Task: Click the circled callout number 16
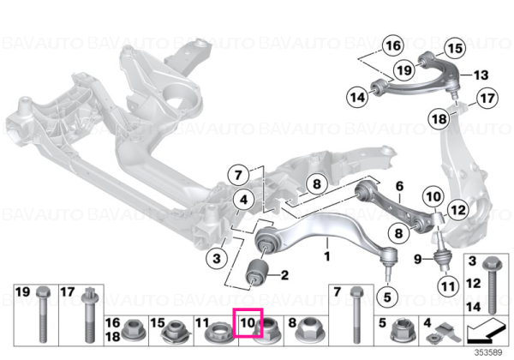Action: pyautogui.click(x=393, y=45)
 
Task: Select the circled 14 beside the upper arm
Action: pyautogui.click(x=357, y=97)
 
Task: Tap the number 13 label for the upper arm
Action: pyautogui.click(x=481, y=75)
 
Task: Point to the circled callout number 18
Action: pyautogui.click(x=439, y=118)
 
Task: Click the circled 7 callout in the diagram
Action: pyautogui.click(x=238, y=175)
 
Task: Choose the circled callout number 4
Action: pyautogui.click(x=243, y=200)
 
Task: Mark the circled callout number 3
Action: pyautogui.click(x=217, y=258)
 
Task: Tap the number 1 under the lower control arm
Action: pyautogui.click(x=327, y=255)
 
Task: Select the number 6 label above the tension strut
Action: pyautogui.click(x=399, y=186)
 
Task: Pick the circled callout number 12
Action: pyautogui.click(x=458, y=209)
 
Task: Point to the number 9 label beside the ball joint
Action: pyautogui.click(x=418, y=260)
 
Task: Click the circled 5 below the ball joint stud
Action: pyautogui.click(x=387, y=297)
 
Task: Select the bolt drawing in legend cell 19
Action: pyautogui.click(x=43, y=315)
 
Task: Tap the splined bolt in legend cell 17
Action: pyautogui.click(x=88, y=315)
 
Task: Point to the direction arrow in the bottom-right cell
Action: pyautogui.click(x=486, y=330)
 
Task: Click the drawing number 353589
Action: pyautogui.click(x=489, y=352)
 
